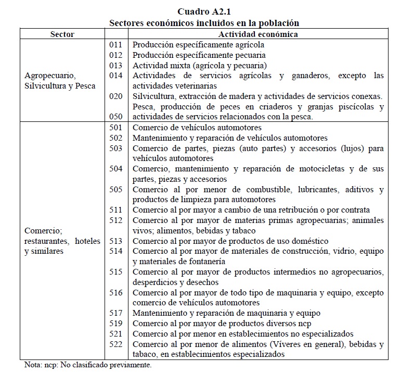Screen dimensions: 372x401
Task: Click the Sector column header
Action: click(62, 34)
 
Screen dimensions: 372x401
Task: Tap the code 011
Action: click(116, 45)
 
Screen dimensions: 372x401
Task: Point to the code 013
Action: click(116, 66)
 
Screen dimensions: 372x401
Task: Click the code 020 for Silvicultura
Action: click(116, 96)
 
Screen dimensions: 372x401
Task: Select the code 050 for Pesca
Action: click(116, 117)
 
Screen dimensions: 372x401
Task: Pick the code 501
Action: click(116, 128)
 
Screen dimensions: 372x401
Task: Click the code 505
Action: click(116, 189)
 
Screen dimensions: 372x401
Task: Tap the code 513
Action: click(116, 241)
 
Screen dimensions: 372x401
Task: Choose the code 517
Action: click(116, 313)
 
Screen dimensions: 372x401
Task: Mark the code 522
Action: click(116, 344)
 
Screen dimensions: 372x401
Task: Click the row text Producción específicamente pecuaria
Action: click(199, 55)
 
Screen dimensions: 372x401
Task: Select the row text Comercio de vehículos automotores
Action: click(197, 128)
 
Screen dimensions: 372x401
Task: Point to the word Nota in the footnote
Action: click(34, 365)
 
